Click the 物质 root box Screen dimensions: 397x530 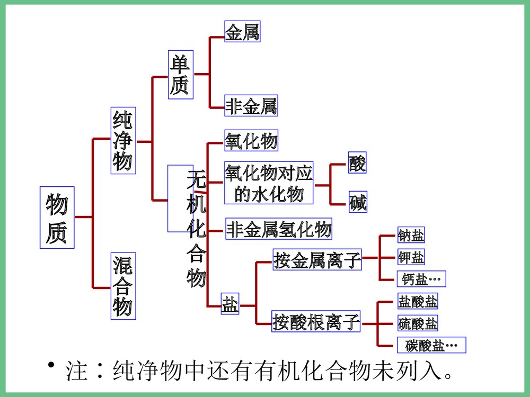57,217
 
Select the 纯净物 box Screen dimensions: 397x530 123,140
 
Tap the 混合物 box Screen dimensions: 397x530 123,286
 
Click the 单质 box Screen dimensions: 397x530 180,75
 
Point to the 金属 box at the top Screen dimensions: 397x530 242,32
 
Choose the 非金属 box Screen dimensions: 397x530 251,106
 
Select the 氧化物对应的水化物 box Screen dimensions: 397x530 269,183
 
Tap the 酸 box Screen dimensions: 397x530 357,163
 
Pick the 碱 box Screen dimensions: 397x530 358,203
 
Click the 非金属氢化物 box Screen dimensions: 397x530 279,229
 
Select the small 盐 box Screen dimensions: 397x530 229,305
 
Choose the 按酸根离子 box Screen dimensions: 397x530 316,321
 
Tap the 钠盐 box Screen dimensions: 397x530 411,235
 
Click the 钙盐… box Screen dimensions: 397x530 421,278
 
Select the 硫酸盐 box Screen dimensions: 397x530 418,322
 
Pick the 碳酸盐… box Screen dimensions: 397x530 431,345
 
